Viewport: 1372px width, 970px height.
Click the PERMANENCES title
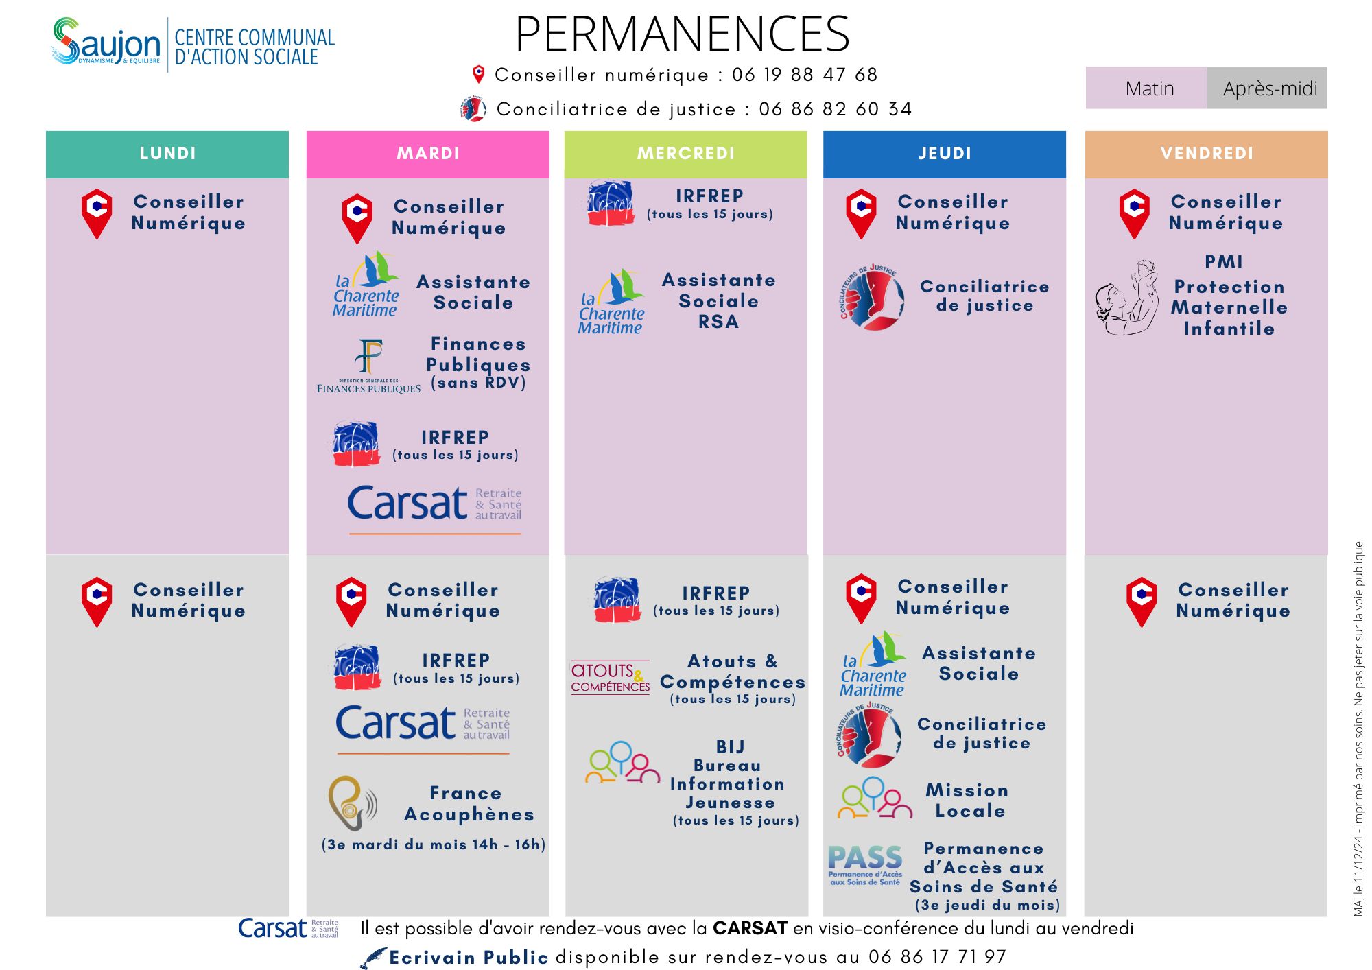point(682,34)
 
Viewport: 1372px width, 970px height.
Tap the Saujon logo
point(106,43)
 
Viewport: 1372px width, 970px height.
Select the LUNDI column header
point(167,154)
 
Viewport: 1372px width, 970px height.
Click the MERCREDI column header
point(685,154)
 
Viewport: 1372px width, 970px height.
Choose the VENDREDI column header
point(1206,154)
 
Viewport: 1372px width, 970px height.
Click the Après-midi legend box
point(1267,88)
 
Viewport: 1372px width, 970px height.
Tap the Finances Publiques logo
point(369,366)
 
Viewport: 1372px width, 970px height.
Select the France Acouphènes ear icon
point(352,803)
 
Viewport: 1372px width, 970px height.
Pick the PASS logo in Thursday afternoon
point(864,864)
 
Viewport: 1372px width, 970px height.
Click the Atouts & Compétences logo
point(610,677)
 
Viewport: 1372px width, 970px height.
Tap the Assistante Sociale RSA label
point(718,300)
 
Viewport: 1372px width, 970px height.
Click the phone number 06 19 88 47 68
point(804,75)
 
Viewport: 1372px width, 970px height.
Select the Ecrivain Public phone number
point(936,957)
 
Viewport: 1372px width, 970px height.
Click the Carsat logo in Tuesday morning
point(434,505)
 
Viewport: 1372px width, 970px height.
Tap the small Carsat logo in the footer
point(287,928)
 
